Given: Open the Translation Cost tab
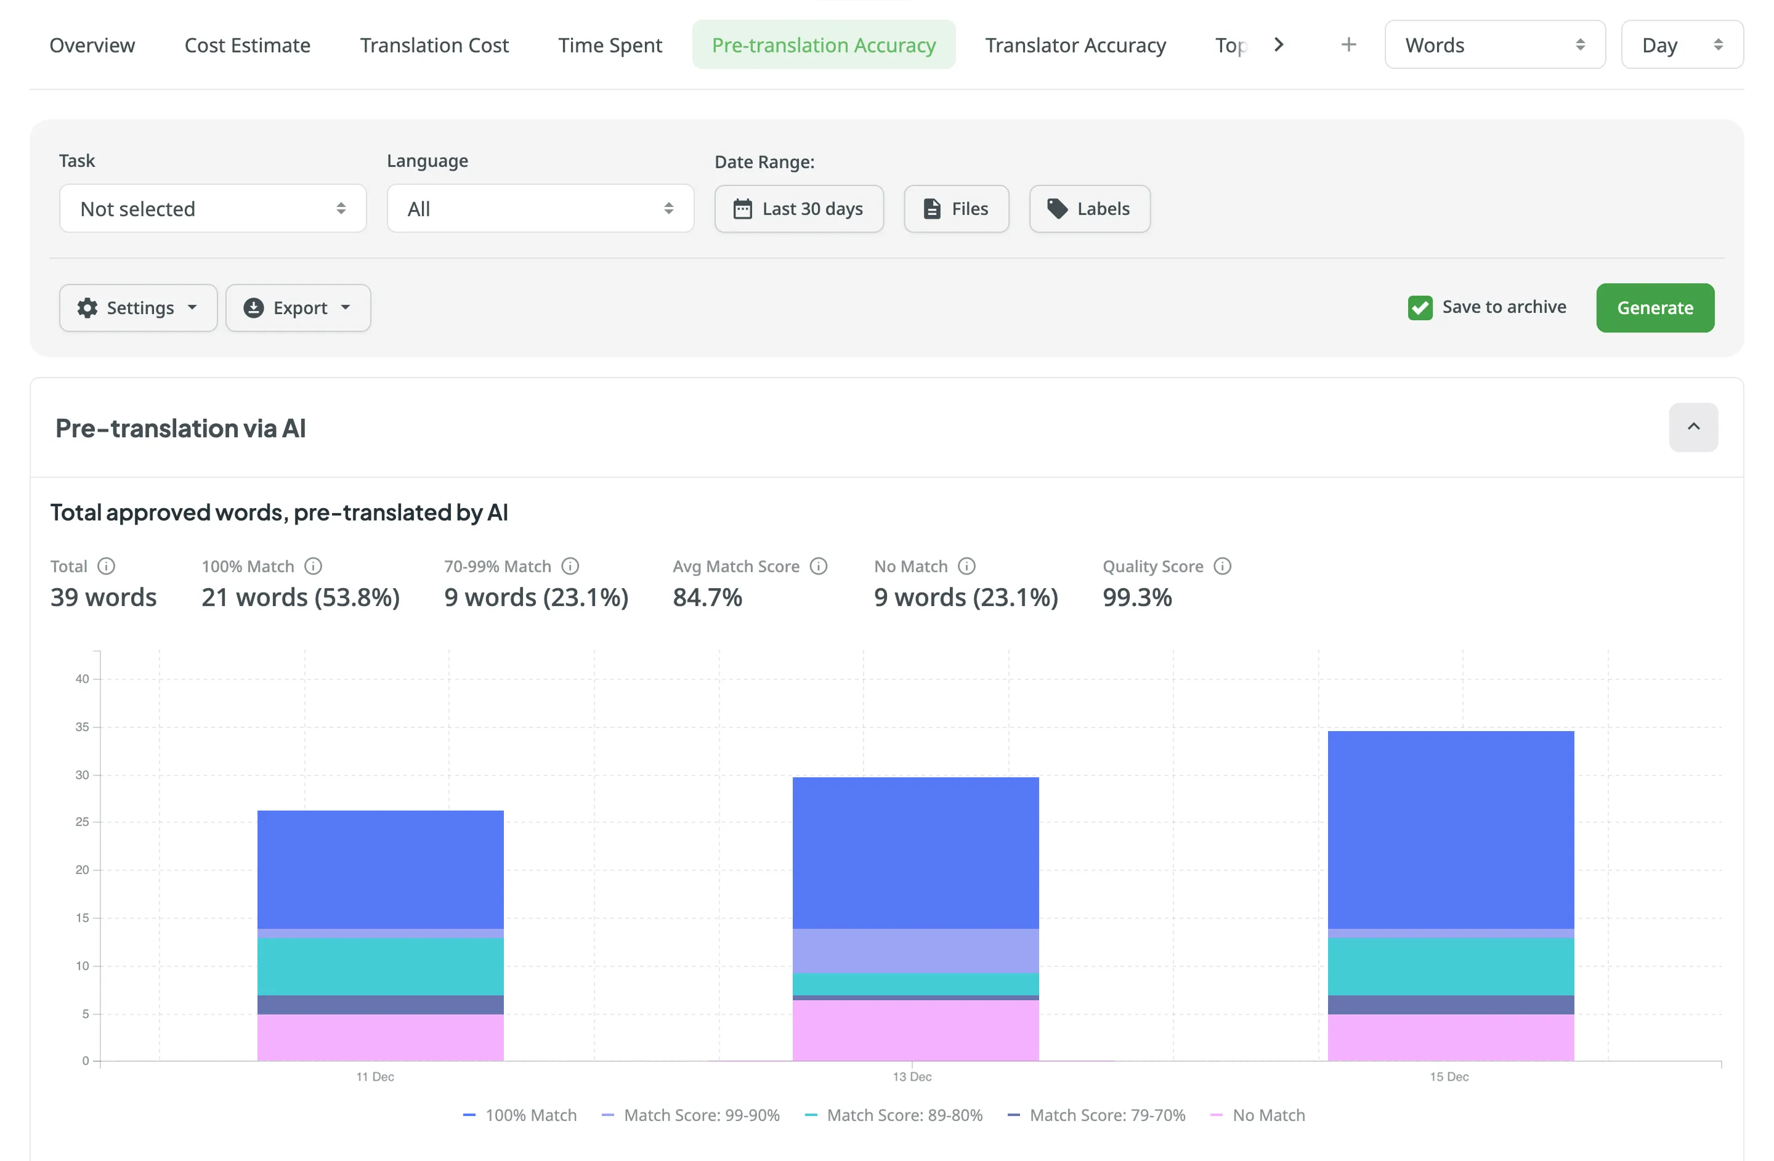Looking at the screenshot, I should click(434, 46).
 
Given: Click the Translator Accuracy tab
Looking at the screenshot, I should click(1075, 46).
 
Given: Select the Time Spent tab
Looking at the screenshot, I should click(610, 46).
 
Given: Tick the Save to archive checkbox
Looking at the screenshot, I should click(1420, 308).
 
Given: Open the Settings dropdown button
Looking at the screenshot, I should click(138, 308).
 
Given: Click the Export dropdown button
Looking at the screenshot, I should click(298, 308).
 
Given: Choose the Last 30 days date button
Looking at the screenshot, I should click(798, 209).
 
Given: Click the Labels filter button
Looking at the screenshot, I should click(1089, 209).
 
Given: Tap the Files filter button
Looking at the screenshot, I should click(957, 209).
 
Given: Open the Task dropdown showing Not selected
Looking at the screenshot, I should click(213, 209).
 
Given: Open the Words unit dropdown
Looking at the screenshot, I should click(1494, 46).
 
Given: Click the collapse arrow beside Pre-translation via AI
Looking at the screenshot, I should click(1693, 427).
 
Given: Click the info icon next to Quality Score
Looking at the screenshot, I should click(1223, 567).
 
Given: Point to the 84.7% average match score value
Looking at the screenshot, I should click(707, 597).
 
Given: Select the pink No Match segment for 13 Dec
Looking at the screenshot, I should click(915, 1030).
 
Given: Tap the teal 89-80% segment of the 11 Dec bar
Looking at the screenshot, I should click(380, 966).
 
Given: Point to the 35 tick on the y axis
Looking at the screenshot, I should click(82, 727).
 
